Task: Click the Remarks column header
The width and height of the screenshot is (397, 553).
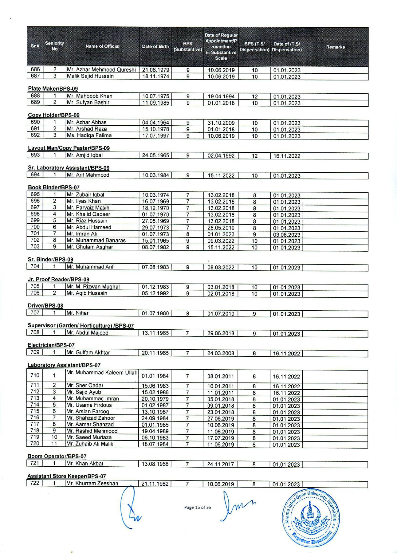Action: pos(335,47)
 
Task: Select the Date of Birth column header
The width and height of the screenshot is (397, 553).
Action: pos(155,47)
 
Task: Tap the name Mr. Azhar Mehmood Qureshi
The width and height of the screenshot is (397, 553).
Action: pos(101,70)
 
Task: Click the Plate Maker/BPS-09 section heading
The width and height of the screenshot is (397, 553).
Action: pos(53,89)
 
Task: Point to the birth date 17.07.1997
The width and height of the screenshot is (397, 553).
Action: pos(155,136)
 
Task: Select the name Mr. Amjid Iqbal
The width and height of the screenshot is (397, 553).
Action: pos(85,155)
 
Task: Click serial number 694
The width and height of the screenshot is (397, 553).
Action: pos(35,175)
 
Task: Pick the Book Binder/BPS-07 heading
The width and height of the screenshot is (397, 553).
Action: pos(54,187)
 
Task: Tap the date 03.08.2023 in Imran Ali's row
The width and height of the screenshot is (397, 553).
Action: pos(287,235)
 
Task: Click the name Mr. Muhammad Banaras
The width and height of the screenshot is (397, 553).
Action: pos(96,241)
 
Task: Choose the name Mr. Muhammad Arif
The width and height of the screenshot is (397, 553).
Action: pos(90,267)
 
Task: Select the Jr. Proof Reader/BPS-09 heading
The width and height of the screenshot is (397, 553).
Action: pos(58,280)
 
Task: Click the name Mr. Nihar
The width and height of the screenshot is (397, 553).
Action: pos(78,313)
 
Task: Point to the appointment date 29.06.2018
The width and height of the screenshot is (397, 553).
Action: pos(221,333)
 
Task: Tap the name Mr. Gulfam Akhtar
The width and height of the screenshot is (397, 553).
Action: pos(88,353)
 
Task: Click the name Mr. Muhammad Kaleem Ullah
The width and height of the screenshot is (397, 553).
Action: pos(102,373)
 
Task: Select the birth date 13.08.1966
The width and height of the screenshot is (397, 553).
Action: pos(155,464)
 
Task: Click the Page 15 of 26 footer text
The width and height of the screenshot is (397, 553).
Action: pos(198,507)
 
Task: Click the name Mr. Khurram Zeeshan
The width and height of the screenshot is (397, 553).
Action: pos(92,484)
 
